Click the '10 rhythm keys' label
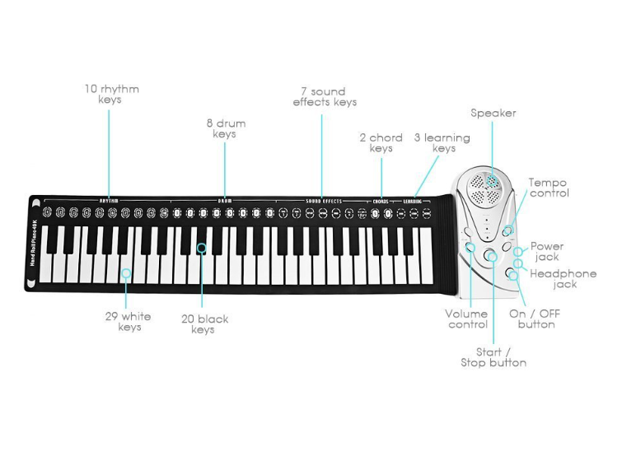coord(111,94)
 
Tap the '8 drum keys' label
coord(225,128)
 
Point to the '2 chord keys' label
coord(381,142)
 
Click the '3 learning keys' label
coord(442,142)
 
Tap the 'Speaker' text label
coord(493,113)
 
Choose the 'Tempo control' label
coord(549,188)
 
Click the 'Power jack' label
coord(547,251)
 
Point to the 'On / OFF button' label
coord(531,318)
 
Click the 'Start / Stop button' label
coord(493,357)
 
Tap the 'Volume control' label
coord(466,318)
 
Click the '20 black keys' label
coord(203,323)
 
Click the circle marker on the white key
coord(126,273)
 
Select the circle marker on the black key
coord(202,246)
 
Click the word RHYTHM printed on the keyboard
coord(109,200)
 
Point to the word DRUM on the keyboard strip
coord(225,200)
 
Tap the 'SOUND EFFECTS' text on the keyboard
coord(322,200)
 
